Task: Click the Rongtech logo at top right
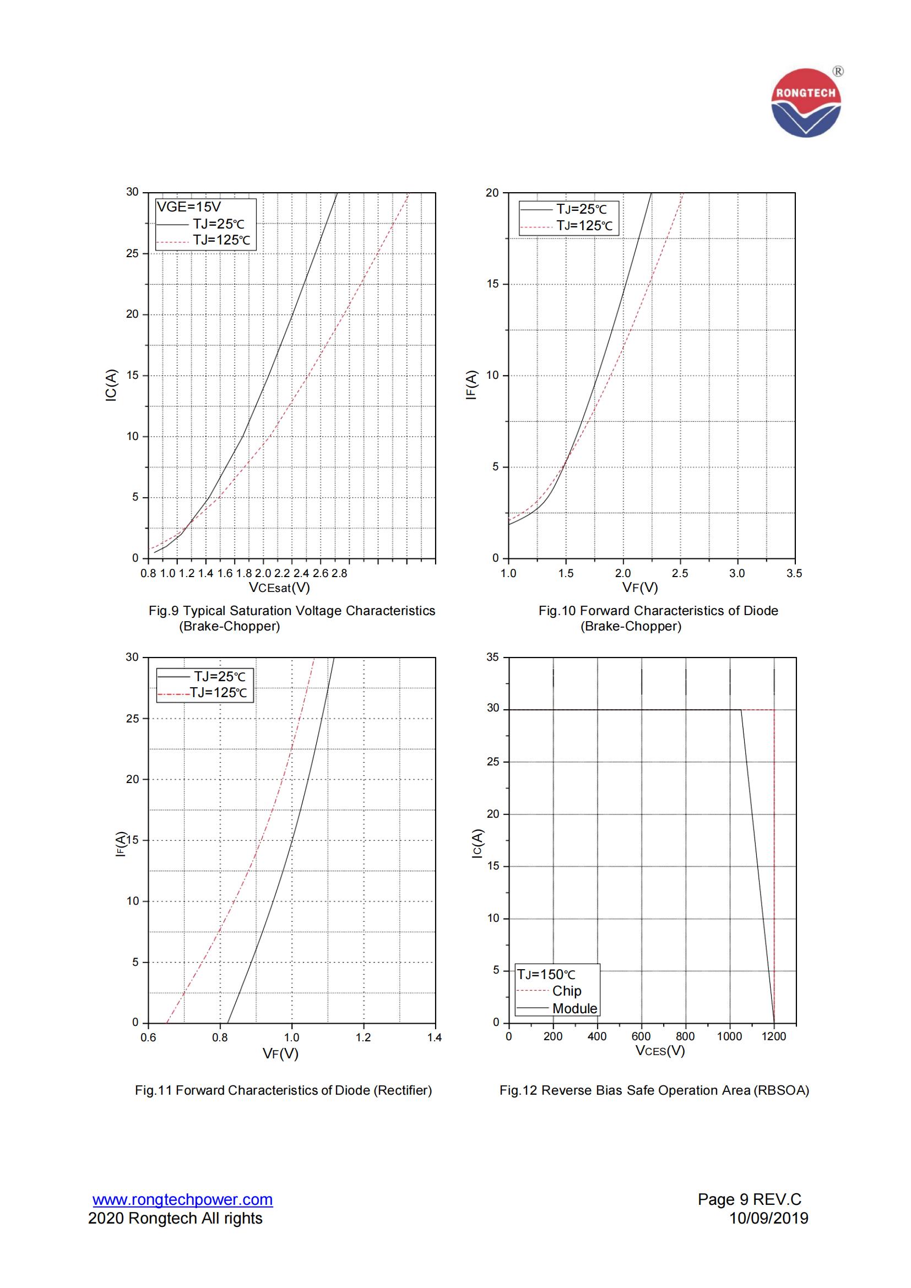(806, 102)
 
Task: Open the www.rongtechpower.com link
(182, 1199)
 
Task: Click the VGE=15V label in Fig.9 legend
(188, 207)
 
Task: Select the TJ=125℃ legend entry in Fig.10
(584, 226)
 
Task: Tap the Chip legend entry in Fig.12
(566, 991)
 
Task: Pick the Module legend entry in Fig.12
(574, 1008)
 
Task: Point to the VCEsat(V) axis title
(279, 588)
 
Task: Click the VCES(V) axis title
(660, 1050)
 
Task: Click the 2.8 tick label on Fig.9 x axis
(339, 573)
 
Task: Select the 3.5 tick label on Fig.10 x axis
(794, 573)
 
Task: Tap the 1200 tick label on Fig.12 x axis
(773, 1037)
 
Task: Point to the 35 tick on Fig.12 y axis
(492, 657)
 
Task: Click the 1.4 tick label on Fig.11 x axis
(434, 1037)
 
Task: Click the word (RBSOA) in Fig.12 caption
(781, 1090)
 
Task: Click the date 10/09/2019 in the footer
(768, 1218)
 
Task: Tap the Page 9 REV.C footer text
(750, 1199)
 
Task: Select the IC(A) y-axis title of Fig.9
(111, 385)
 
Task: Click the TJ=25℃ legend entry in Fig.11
(219, 677)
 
